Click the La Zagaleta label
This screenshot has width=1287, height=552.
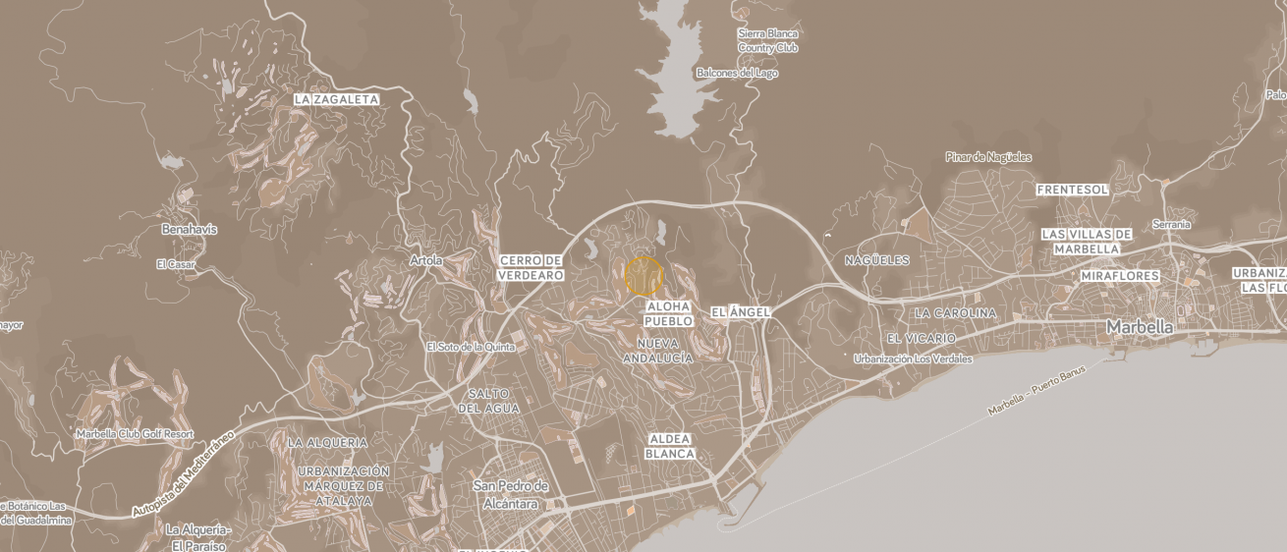(x=336, y=100)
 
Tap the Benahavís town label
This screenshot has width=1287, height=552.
(x=189, y=230)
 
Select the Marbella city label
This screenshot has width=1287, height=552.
(x=1140, y=326)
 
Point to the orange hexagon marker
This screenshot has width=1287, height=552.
(x=643, y=276)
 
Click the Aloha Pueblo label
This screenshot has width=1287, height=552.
(x=669, y=314)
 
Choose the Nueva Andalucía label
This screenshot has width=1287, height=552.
(x=658, y=351)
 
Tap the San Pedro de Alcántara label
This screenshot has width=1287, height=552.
(x=511, y=495)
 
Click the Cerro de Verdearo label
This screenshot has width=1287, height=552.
(x=531, y=268)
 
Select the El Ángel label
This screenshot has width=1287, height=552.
(x=740, y=311)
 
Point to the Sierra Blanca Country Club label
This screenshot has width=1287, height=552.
(x=768, y=40)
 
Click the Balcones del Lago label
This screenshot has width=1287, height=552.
(x=737, y=73)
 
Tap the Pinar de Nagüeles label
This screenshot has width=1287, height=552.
(x=988, y=157)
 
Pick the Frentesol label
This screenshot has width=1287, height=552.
(x=1073, y=190)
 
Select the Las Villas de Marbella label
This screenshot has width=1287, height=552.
(x=1087, y=242)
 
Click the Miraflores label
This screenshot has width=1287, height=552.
(x=1120, y=277)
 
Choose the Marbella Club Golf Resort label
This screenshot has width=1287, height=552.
(x=135, y=434)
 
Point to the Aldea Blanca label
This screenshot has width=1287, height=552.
(x=670, y=447)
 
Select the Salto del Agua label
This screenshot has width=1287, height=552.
(x=488, y=401)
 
